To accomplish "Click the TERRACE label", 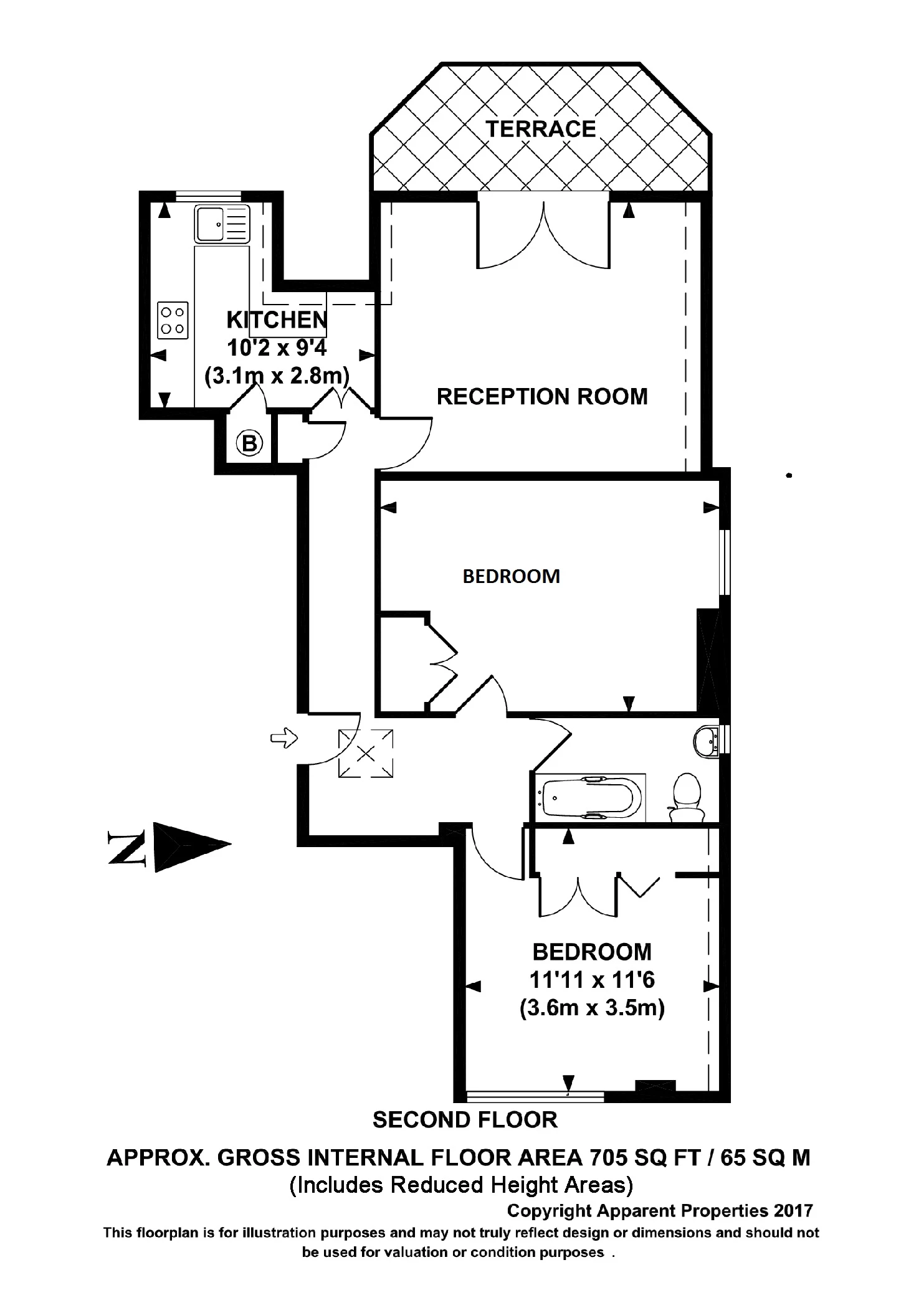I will pos(540,129).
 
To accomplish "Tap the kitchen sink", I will pos(221,224).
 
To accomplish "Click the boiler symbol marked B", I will pos(249,443).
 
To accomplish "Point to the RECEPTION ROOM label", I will pos(542,396).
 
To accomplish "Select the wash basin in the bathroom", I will pos(707,741).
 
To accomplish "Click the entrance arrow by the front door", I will pos(283,739).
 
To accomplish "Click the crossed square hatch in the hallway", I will pos(366,754).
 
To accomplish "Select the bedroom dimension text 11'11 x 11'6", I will pos(592,980).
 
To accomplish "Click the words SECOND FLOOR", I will pos(465,1119).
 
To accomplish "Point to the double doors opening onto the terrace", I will pos(543,234).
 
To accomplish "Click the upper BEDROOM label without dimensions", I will pos(511,576).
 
